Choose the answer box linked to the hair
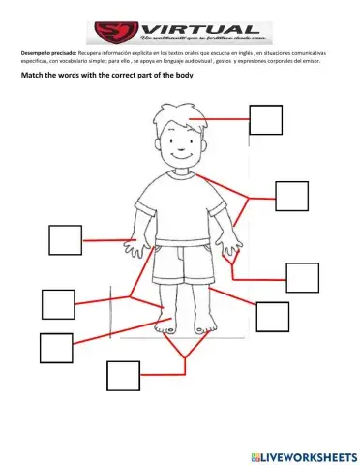pos(266,119)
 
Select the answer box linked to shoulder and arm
pos(291,195)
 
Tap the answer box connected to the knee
pos(273,316)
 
